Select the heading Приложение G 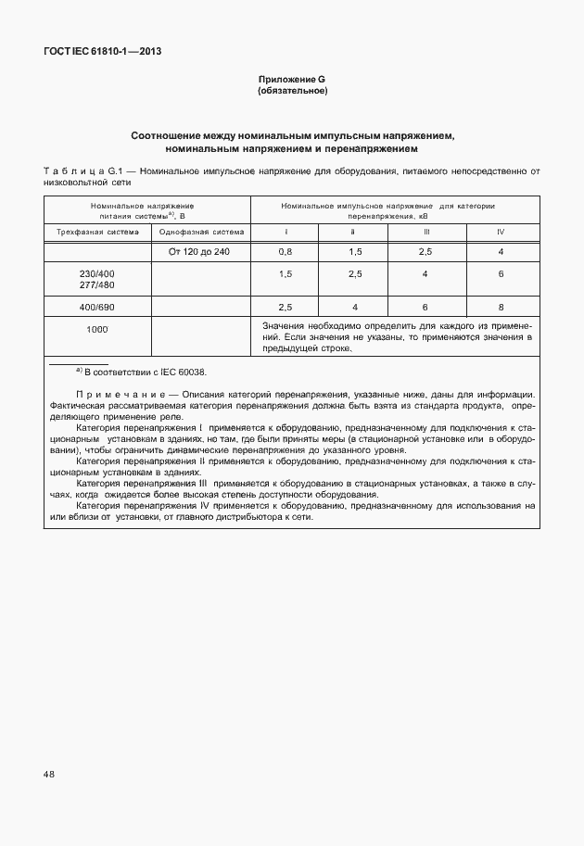pos(292,81)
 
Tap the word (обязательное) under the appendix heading pos(292,92)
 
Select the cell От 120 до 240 pos(201,252)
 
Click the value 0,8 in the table pos(286,252)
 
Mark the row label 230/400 pos(97,274)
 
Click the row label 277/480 pos(97,285)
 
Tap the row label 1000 pos(97,330)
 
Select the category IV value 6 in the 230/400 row pos(500,274)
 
